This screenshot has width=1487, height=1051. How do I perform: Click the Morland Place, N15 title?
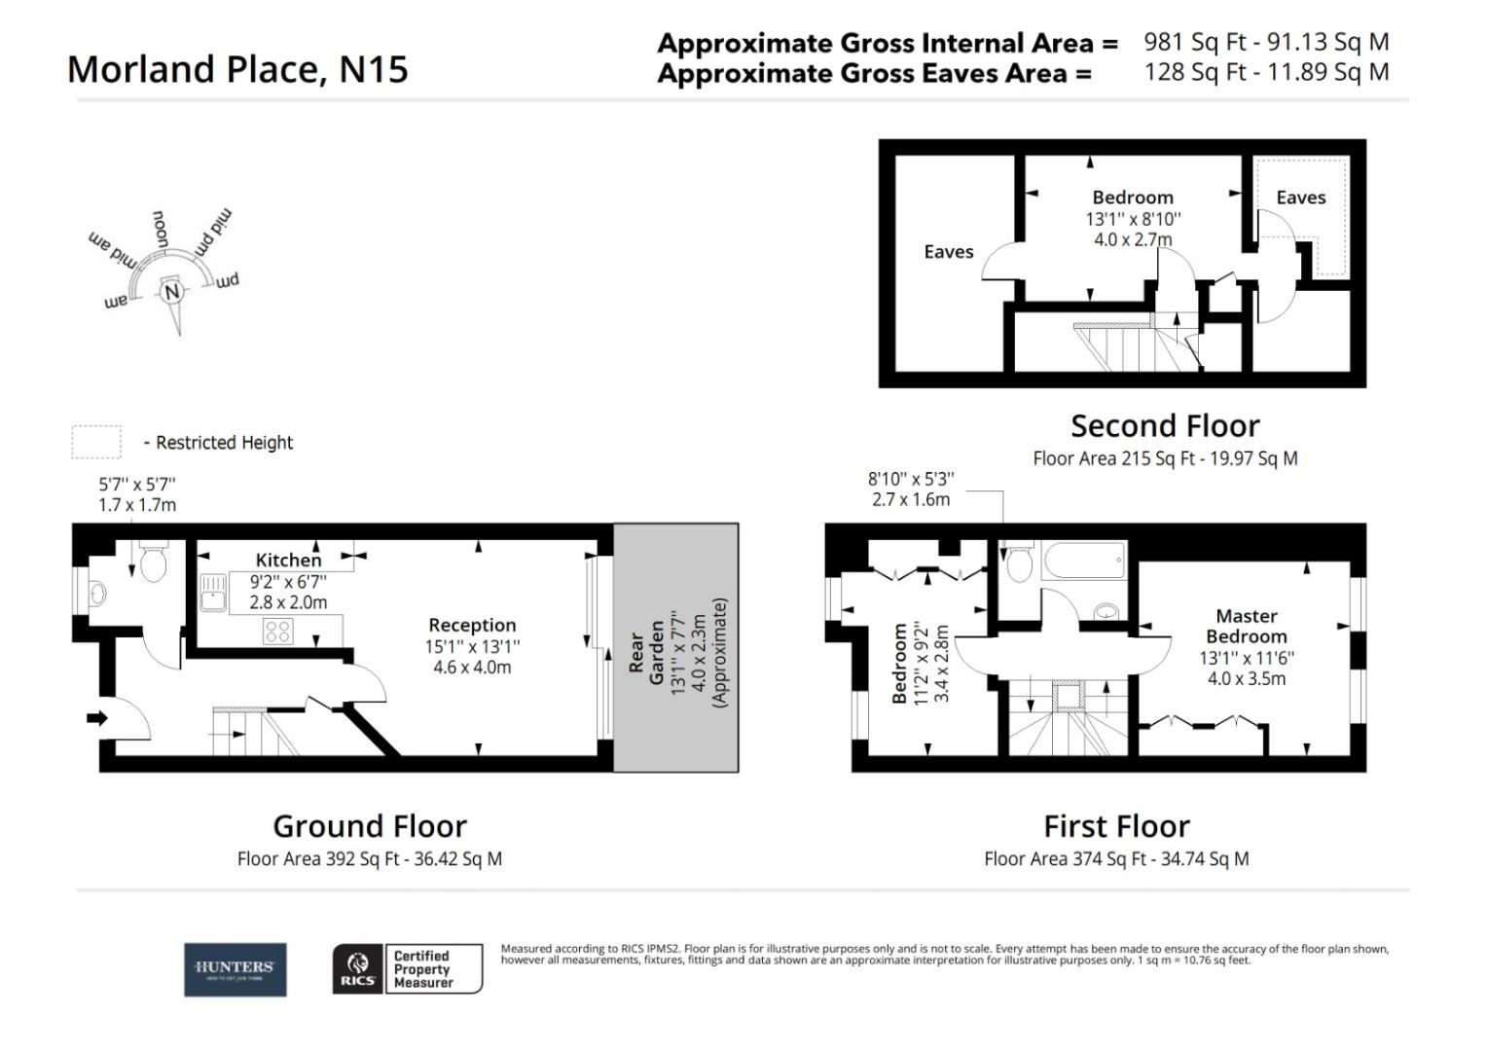(x=237, y=69)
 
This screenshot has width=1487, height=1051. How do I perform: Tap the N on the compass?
(x=172, y=292)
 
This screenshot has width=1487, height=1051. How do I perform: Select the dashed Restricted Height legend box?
(x=95, y=442)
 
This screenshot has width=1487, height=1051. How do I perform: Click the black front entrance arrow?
(x=97, y=718)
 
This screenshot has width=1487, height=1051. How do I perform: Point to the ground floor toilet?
(x=154, y=562)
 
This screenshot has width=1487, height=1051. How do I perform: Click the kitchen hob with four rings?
(x=277, y=631)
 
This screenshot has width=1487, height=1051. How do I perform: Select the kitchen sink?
(x=213, y=591)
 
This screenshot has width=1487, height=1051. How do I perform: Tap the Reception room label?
(x=472, y=625)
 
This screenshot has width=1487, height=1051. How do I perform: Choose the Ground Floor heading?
(x=370, y=826)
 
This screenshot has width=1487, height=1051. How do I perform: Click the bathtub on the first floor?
(x=1082, y=562)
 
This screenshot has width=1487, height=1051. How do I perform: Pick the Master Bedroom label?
(x=1247, y=626)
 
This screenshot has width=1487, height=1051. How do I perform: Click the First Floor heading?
(x=1116, y=826)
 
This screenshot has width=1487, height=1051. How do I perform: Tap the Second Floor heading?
(x=1165, y=425)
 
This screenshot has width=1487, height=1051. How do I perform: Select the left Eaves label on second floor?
(x=948, y=252)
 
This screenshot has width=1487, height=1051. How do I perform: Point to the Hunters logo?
(x=236, y=969)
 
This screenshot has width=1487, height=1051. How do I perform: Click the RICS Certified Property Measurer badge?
(x=408, y=969)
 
